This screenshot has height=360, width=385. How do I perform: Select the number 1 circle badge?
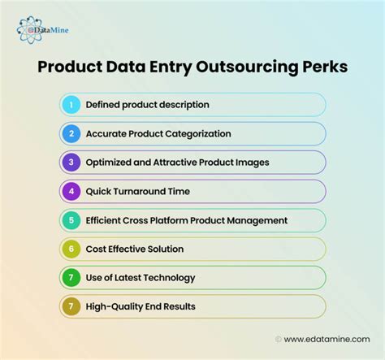(71, 104)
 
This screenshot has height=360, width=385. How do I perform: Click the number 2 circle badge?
(71, 133)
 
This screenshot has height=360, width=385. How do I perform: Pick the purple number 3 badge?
(71, 162)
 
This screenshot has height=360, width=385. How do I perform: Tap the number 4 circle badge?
(71, 191)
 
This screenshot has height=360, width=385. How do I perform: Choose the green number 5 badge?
(71, 219)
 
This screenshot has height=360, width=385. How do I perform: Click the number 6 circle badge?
(71, 249)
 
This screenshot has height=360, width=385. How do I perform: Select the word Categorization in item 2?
(195, 133)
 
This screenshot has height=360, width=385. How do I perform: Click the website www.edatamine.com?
(327, 338)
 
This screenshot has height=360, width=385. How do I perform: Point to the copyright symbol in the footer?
(279, 338)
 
